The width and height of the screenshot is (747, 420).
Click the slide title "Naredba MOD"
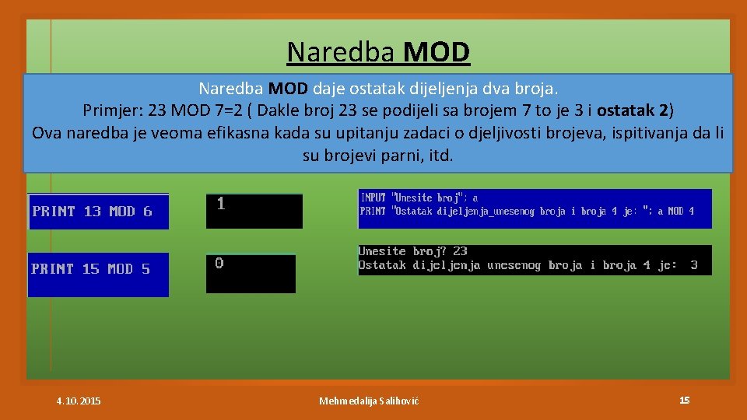click(378, 52)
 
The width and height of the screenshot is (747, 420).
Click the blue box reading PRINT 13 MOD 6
click(98, 212)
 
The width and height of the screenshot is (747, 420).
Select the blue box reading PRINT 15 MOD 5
click(98, 269)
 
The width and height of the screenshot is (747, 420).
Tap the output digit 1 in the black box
click(221, 204)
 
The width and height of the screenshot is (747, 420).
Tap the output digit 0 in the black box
click(219, 263)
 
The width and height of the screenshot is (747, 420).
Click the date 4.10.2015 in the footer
click(78, 401)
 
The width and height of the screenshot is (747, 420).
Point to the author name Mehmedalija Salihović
click(369, 401)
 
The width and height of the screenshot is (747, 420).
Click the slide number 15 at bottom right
click(684, 400)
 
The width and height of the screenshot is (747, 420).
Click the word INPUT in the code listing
click(373, 198)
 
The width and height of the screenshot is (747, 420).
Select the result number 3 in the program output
click(693, 265)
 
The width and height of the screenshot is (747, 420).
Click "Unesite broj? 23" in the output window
click(413, 251)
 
